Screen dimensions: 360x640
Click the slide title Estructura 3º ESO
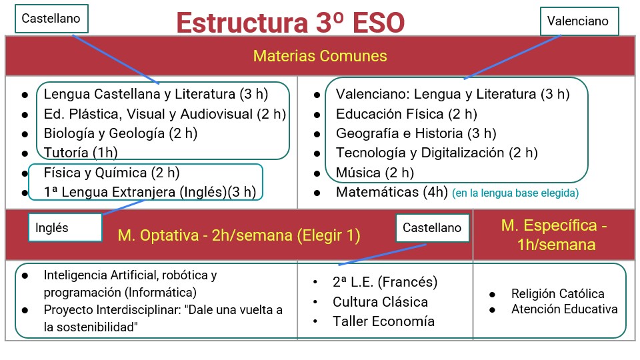[x=290, y=22]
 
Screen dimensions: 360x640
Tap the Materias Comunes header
[x=320, y=56]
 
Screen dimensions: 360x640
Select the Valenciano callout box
[x=578, y=21]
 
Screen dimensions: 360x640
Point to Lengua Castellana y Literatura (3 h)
[x=149, y=94]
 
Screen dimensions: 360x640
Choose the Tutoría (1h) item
[x=75, y=153]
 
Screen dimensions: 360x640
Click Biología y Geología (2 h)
[x=120, y=133]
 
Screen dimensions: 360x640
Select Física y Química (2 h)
[x=111, y=173]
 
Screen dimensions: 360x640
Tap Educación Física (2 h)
[x=407, y=113]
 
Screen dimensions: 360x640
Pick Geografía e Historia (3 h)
[x=416, y=133]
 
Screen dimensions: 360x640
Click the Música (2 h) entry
[x=375, y=173]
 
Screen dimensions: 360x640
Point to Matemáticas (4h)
[x=391, y=193]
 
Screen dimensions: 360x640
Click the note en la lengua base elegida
[x=515, y=193]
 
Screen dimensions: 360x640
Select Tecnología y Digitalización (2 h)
[x=437, y=153]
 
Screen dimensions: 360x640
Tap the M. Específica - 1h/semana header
[x=555, y=235]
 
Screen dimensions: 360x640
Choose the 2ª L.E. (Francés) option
[x=385, y=282]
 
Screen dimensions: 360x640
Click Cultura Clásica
[x=380, y=301]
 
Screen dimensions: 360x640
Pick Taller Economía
[x=383, y=321]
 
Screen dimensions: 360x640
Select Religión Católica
[x=557, y=294]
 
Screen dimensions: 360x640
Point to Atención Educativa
[x=564, y=309]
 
